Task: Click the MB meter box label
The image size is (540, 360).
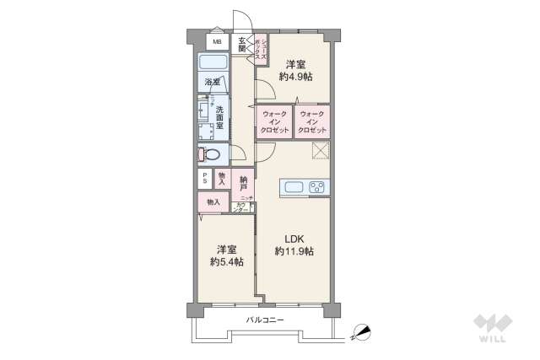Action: click(x=217, y=42)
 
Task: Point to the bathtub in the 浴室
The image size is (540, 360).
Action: click(x=214, y=64)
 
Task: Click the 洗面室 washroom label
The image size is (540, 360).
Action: click(x=219, y=114)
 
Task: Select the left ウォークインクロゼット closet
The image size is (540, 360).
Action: click(x=276, y=122)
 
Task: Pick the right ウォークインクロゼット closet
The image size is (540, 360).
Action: click(x=312, y=122)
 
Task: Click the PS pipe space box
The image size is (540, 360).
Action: click(x=203, y=178)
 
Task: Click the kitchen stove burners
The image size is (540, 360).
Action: click(x=318, y=186)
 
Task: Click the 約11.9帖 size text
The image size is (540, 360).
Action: click(x=294, y=251)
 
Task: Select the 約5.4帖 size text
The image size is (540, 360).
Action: click(x=225, y=262)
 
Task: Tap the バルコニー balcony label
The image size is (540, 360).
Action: click(x=265, y=320)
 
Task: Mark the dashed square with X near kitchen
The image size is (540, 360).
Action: click(x=320, y=150)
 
